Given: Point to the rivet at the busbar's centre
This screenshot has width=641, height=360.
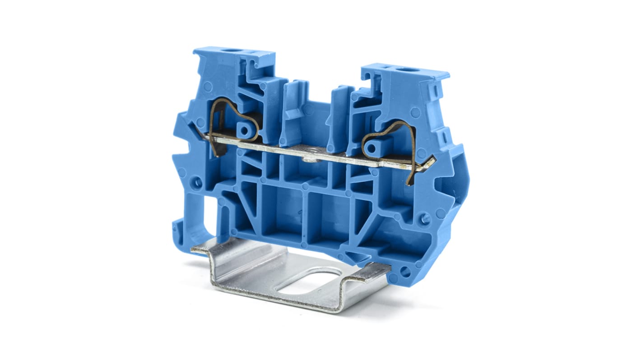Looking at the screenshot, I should point(308,158).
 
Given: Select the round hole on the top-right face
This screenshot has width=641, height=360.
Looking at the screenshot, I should point(412,70).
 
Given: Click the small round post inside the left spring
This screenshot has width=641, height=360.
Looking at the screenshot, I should point(244,131).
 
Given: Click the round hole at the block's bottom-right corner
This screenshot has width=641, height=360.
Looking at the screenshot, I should point(405,272).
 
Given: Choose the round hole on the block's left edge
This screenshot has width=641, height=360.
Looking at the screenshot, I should point(197,183).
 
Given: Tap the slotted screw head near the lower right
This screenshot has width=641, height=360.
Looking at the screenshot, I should point(425,218).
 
